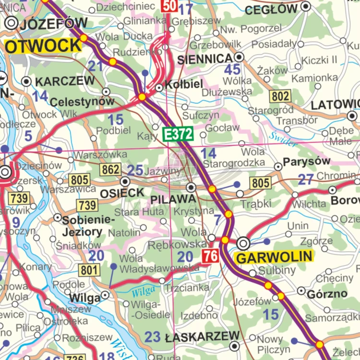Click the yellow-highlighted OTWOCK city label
[x=43, y=46]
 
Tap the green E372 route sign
[x=178, y=135]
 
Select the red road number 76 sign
[x=210, y=256]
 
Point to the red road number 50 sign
[x=169, y=6]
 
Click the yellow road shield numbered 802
[x=280, y=96]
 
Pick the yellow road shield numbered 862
[x=110, y=169]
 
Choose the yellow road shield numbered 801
[x=90, y=270]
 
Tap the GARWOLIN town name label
[x=275, y=257]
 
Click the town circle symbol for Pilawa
[x=191, y=187]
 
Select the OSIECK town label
[x=122, y=193]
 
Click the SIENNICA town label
[x=205, y=59]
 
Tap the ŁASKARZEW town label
[x=202, y=336]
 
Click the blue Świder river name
[x=283, y=139]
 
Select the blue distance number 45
[x=232, y=70]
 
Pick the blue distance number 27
[x=305, y=180]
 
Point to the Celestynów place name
[x=82, y=102]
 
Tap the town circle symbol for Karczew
[x=27, y=81]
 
